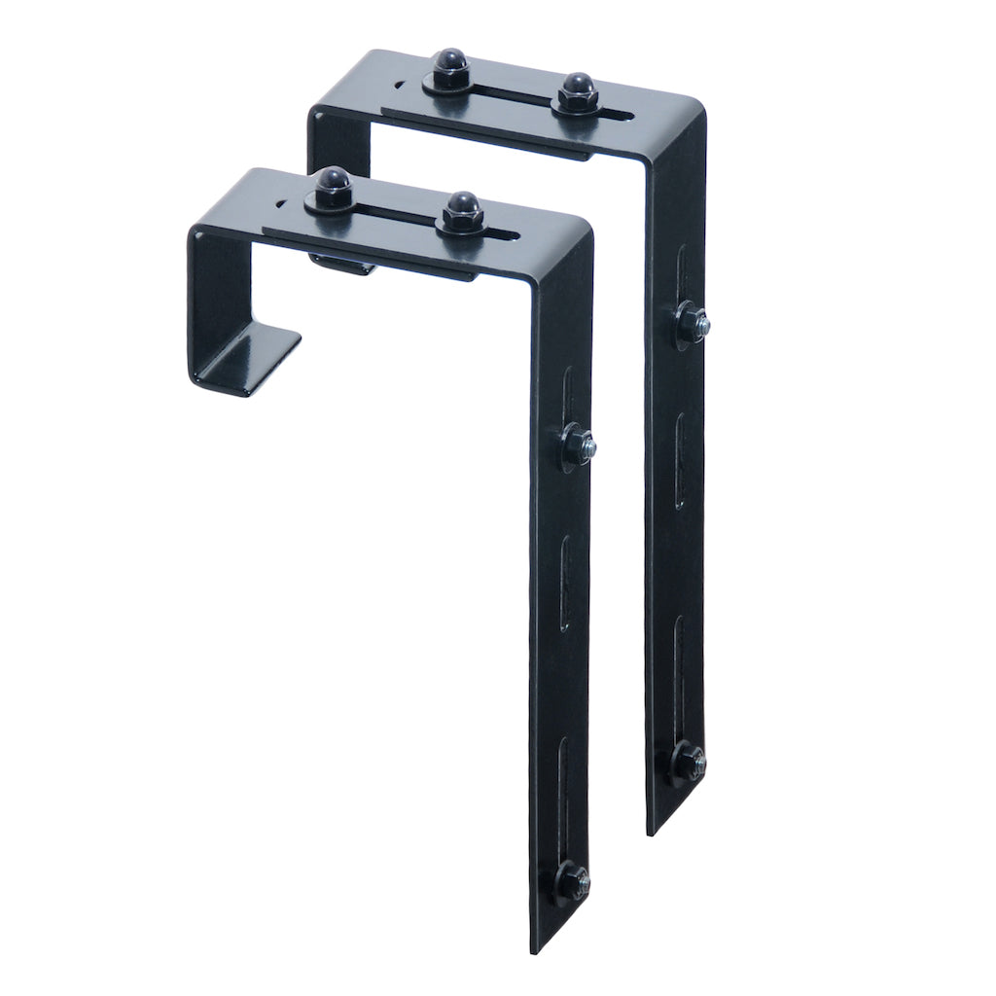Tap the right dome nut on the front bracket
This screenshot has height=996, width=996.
461,208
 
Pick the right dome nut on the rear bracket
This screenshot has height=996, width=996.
575,89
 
